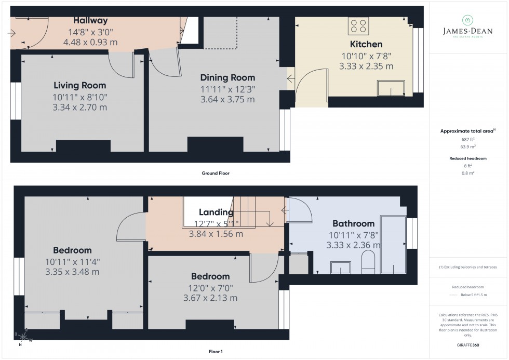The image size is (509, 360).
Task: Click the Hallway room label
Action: (x=90, y=21)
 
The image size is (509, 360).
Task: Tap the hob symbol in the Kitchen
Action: (x=358, y=26)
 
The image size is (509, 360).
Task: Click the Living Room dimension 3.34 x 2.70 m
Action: (x=79, y=108)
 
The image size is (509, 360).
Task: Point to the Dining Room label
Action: (x=227, y=77)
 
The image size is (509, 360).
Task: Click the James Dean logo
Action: (x=466, y=26)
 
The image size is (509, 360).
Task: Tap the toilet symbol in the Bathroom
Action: (x=368, y=263)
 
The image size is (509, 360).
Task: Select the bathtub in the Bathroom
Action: (x=393, y=244)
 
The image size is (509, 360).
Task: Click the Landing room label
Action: (x=216, y=212)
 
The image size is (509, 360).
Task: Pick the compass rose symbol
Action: (x=24, y=338)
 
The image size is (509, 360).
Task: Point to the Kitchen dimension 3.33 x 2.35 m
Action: (x=366, y=66)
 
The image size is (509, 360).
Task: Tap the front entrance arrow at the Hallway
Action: (x=12, y=34)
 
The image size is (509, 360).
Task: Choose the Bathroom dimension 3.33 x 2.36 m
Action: (x=353, y=245)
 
